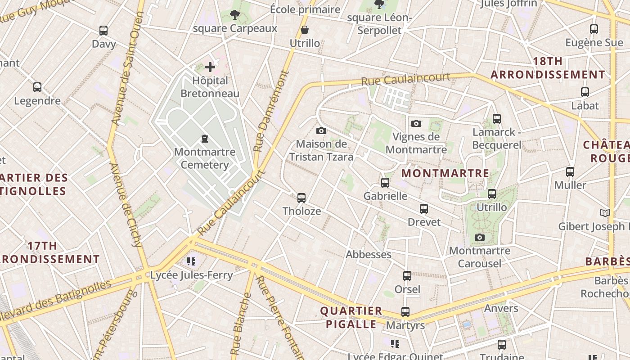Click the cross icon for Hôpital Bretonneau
[x=210, y=67]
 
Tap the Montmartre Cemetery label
[x=205, y=158]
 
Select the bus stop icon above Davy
[x=103, y=31]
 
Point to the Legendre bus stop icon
[x=37, y=87]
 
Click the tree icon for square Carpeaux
[x=234, y=15]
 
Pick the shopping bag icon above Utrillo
[x=305, y=30]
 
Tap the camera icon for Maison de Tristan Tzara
[x=321, y=130]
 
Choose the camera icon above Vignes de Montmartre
[x=416, y=123]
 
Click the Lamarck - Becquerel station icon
[x=497, y=119]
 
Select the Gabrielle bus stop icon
[x=385, y=183]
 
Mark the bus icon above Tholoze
[x=301, y=198]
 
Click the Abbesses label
[x=369, y=254]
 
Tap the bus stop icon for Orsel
[x=407, y=276]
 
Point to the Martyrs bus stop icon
[x=405, y=312]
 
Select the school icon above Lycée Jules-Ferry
[x=191, y=261]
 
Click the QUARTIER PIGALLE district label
[x=351, y=317]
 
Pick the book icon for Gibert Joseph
[x=605, y=213]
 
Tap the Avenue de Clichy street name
[x=126, y=205]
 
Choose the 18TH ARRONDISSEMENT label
[x=548, y=68]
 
